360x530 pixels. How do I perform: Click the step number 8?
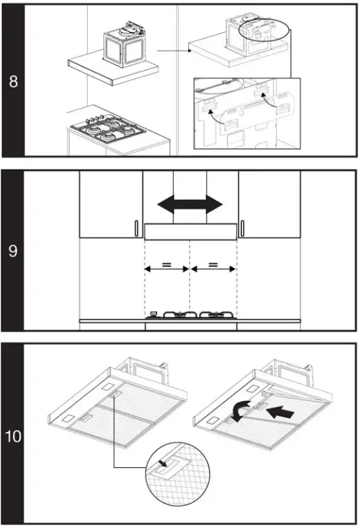click(x=14, y=81)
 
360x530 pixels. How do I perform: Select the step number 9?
click(x=14, y=251)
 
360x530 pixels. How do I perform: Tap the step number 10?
click(x=14, y=435)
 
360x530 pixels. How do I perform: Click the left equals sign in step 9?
click(x=167, y=265)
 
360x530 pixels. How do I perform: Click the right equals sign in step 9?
click(x=213, y=265)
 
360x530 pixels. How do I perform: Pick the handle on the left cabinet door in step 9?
click(x=135, y=228)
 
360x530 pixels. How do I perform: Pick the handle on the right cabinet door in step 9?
click(x=243, y=228)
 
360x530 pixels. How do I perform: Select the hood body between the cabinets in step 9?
click(x=190, y=230)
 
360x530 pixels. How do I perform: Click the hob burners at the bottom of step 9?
click(x=190, y=315)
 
